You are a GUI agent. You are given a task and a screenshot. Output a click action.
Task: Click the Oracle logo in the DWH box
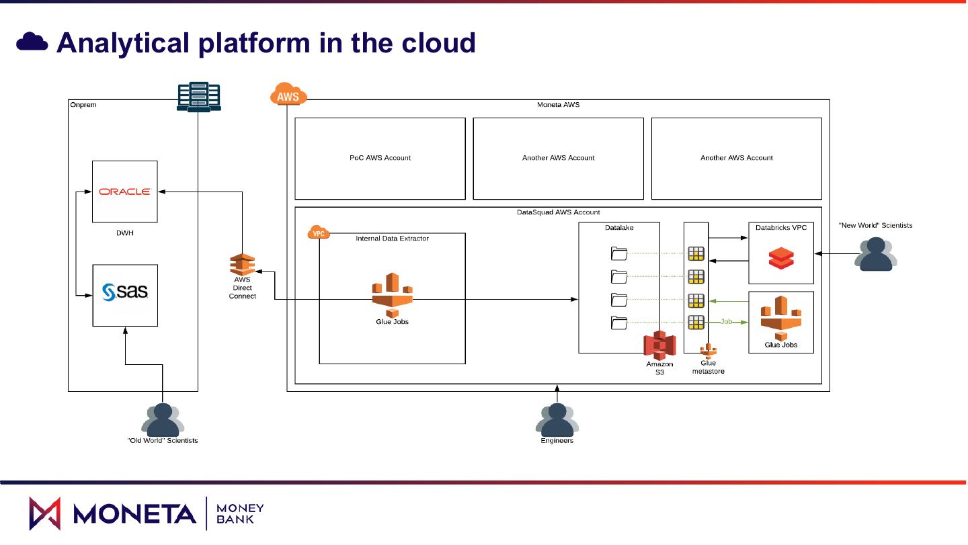[x=125, y=192]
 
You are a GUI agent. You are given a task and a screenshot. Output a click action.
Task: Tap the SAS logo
[x=125, y=292]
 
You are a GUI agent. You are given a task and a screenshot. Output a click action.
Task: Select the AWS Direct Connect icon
[x=242, y=265]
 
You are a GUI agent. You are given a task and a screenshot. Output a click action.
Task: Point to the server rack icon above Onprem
[x=198, y=96]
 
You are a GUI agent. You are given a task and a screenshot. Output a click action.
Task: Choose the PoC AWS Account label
[x=380, y=158]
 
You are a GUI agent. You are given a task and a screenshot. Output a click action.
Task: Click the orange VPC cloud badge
[x=318, y=233]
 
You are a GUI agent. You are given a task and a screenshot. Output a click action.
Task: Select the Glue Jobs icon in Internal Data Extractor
[x=392, y=294]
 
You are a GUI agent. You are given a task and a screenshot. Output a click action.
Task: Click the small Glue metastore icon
[x=709, y=350]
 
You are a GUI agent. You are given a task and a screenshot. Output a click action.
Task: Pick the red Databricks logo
[x=781, y=258]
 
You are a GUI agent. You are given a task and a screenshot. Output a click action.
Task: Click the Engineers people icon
[x=557, y=419]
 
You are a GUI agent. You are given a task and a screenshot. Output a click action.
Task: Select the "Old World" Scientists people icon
[x=162, y=419]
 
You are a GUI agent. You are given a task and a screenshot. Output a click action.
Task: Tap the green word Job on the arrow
[x=726, y=322]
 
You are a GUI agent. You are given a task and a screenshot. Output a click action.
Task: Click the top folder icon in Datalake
[x=619, y=253]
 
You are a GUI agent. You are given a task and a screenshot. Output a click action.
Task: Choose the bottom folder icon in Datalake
[x=619, y=323]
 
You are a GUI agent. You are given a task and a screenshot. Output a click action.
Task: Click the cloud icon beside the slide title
[x=32, y=42]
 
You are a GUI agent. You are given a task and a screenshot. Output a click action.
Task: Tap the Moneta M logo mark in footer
[x=44, y=513]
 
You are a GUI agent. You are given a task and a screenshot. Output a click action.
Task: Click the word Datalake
[x=619, y=228]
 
